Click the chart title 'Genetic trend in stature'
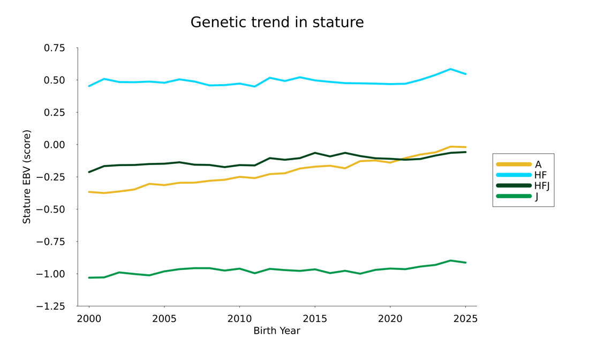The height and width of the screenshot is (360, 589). [277, 22]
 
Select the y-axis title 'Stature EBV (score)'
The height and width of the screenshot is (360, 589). [27, 177]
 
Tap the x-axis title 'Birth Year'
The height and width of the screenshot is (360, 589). [277, 331]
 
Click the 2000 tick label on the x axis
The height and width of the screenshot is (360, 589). [89, 319]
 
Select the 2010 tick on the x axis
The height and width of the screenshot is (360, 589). [239, 319]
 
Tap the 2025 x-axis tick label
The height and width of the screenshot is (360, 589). [465, 319]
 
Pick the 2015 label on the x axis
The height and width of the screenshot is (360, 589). [314, 319]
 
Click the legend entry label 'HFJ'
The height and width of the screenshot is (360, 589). [542, 186]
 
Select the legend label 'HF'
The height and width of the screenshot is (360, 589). [540, 175]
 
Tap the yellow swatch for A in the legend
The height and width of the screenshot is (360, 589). [514, 164]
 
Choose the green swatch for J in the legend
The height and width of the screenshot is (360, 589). [514, 197]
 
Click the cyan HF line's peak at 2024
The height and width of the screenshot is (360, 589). [450, 69]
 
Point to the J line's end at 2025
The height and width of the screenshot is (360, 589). [465, 262]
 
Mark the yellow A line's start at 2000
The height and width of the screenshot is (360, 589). [89, 192]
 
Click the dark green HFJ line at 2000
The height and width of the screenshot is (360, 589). [89, 172]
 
